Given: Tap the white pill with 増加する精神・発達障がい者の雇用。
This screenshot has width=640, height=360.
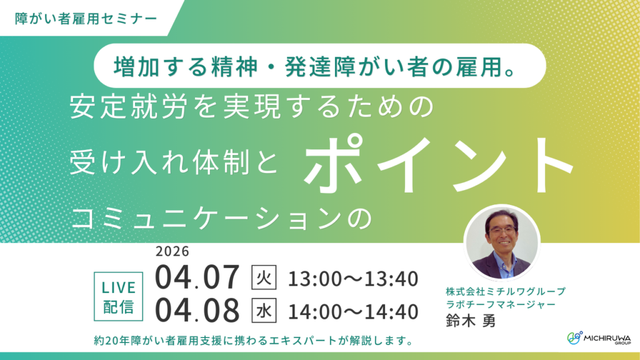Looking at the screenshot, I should [x=319, y=65].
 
